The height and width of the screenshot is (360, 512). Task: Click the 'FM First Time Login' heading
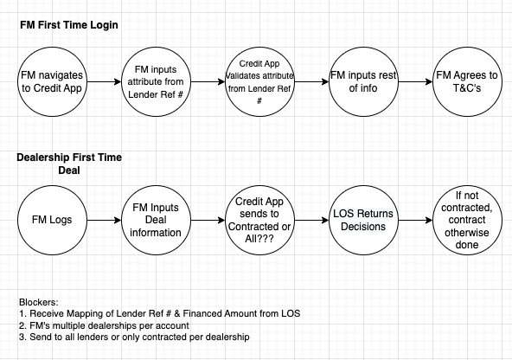point(69,25)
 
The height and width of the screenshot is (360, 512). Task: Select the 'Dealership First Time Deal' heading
point(69,164)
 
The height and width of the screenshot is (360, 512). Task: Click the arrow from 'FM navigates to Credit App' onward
point(104,81)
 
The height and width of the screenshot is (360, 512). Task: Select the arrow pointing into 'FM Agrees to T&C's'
point(415,81)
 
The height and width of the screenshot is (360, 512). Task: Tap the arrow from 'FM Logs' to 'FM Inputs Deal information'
point(104,220)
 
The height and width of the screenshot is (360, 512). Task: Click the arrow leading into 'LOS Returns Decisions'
point(311,220)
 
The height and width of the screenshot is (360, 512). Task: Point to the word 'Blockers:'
point(39,302)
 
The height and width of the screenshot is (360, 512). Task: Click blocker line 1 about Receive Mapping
point(160,313)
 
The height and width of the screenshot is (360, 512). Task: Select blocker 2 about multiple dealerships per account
point(104,325)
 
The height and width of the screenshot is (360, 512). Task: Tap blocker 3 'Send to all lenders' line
point(134,337)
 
